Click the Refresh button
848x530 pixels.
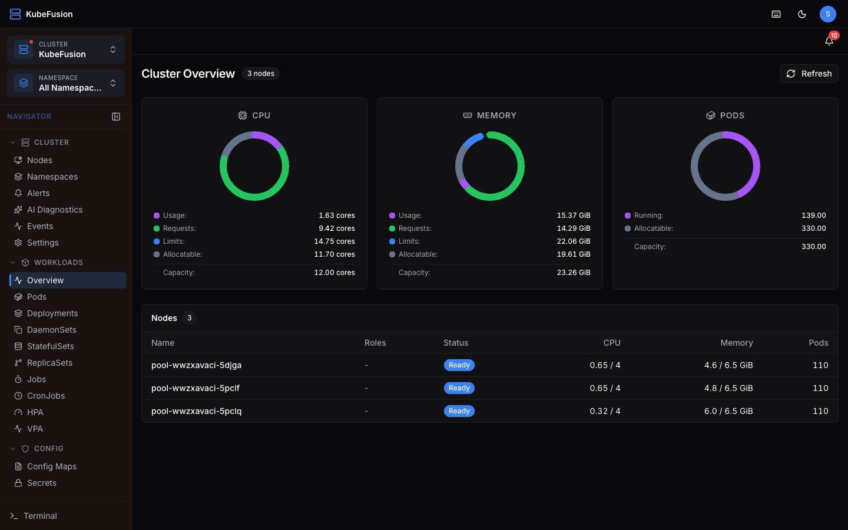pyautogui.click(x=809, y=74)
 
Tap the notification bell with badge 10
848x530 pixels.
pyautogui.click(x=829, y=41)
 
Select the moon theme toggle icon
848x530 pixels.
pyautogui.click(x=802, y=14)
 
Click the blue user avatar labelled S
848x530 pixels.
pyautogui.click(x=827, y=14)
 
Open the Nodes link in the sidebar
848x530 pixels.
pyautogui.click(x=39, y=160)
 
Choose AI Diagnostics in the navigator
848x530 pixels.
pyautogui.click(x=55, y=210)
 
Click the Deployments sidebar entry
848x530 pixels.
pyautogui.click(x=52, y=313)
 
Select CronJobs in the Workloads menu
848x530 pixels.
pyautogui.click(x=46, y=396)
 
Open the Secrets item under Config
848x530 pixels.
pyautogui.click(x=42, y=483)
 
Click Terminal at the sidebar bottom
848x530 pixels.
pyautogui.click(x=40, y=516)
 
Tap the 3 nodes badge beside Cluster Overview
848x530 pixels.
pyautogui.click(x=260, y=74)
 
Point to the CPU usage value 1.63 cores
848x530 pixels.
pyautogui.click(x=337, y=216)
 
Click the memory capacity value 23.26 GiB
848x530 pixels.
pyautogui.click(x=573, y=273)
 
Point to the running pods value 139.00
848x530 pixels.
pyautogui.click(x=813, y=216)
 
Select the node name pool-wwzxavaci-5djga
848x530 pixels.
pyautogui.click(x=196, y=365)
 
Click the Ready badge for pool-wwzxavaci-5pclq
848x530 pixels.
pyautogui.click(x=459, y=411)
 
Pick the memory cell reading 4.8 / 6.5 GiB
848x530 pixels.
pyautogui.click(x=728, y=388)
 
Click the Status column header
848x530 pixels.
pyautogui.click(x=456, y=343)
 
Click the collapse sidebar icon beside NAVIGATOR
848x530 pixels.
pyautogui.click(x=116, y=117)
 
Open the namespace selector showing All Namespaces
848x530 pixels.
pyautogui.click(x=66, y=83)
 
